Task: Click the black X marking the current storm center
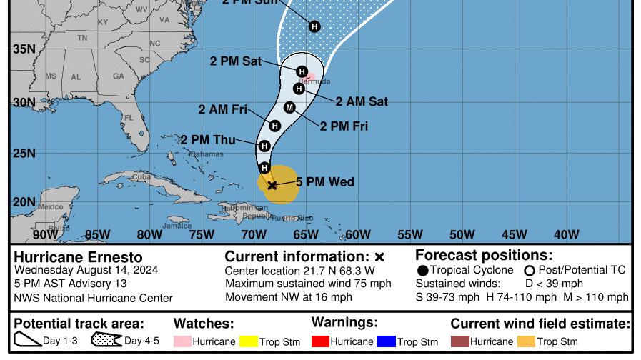tap(272, 185)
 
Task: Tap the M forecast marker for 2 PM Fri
tap(289, 107)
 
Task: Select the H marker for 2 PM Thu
tap(264, 146)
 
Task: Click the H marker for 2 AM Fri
tap(275, 126)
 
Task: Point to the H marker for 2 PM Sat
tap(302, 71)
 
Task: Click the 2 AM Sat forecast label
tap(362, 101)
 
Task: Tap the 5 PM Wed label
tap(325, 182)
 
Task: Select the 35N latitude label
tap(24, 49)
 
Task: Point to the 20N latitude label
tap(24, 201)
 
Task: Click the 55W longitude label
tap(410, 234)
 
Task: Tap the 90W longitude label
tap(45, 234)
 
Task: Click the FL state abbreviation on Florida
tap(129, 118)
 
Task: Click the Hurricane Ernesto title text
tap(78, 257)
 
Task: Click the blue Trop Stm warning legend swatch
tap(386, 342)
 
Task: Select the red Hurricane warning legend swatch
tap(320, 342)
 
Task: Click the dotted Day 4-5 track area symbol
tap(106, 341)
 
